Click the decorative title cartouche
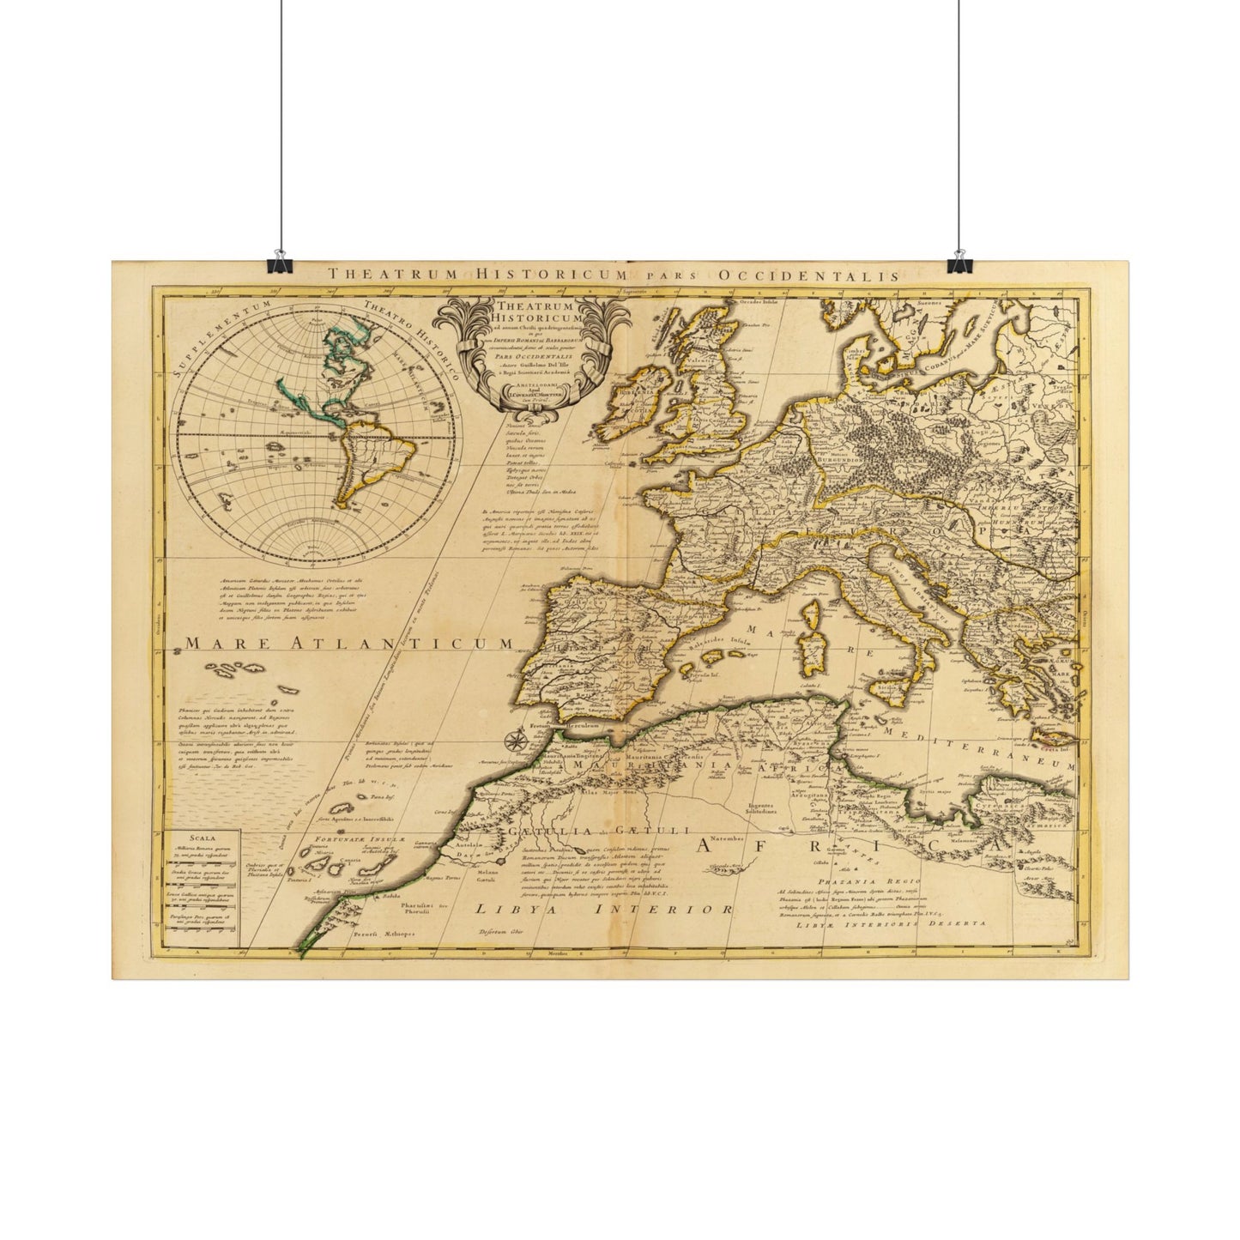[524, 353]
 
